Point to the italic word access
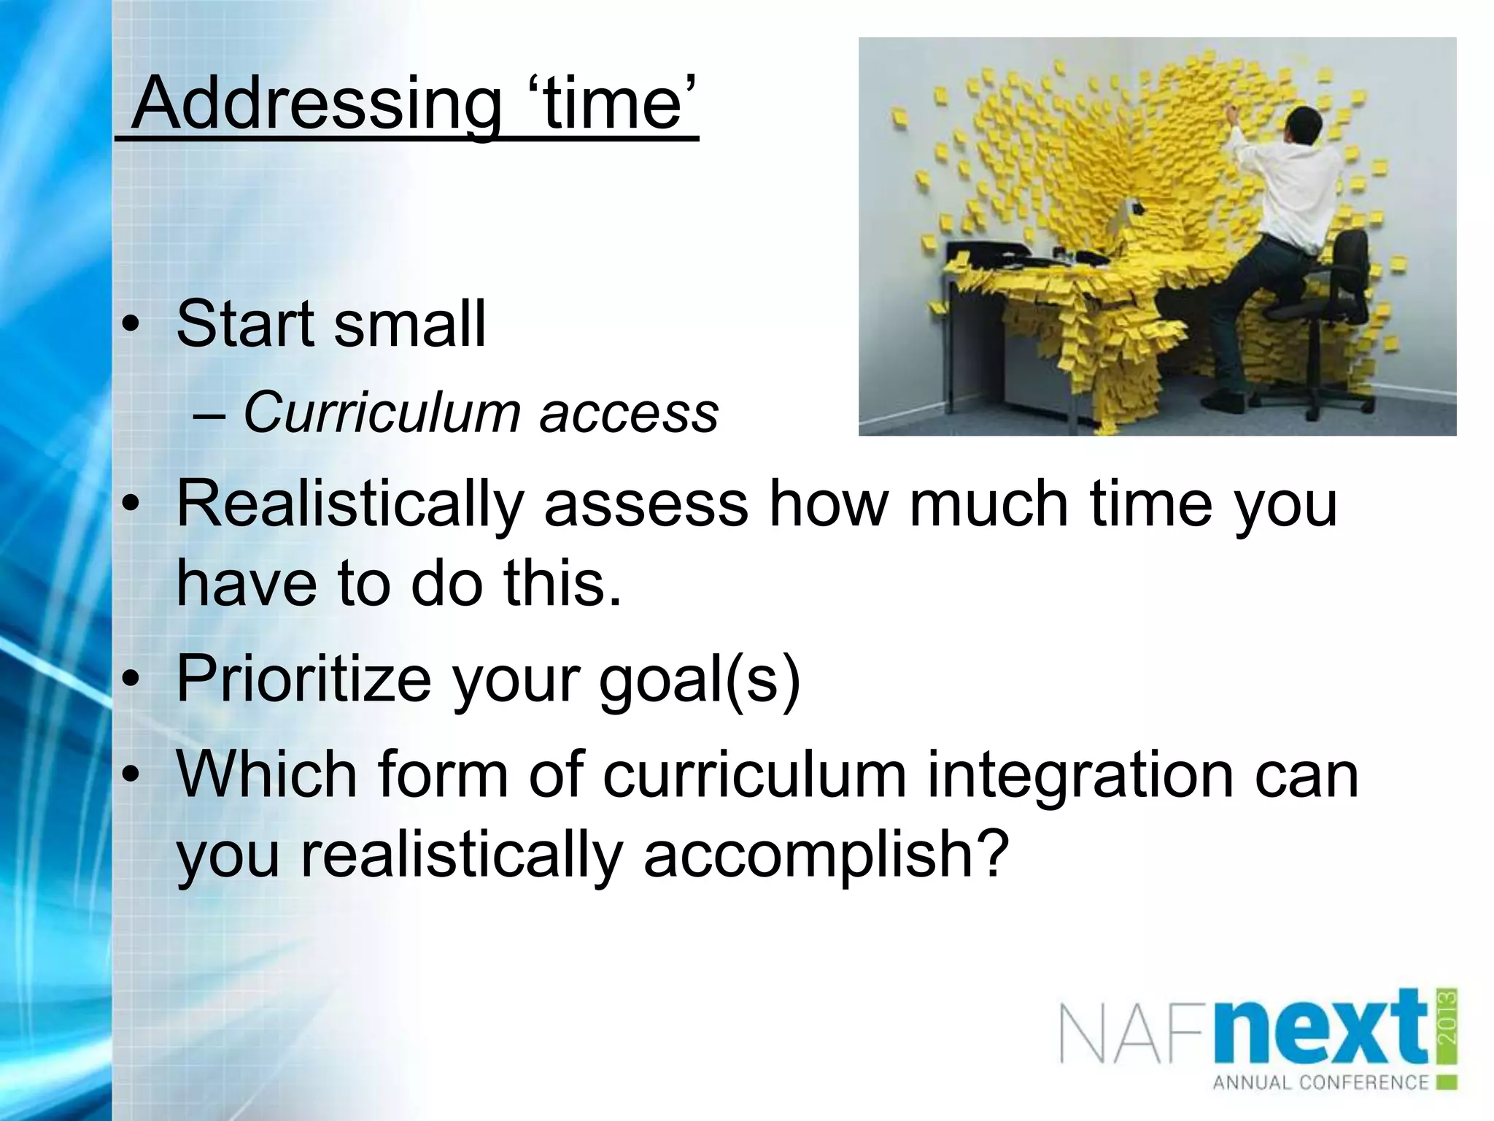tap(629, 414)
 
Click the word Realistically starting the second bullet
tap(350, 505)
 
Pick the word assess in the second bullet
tap(646, 505)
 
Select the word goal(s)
tap(700, 679)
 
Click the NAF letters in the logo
tap(1135, 1036)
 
